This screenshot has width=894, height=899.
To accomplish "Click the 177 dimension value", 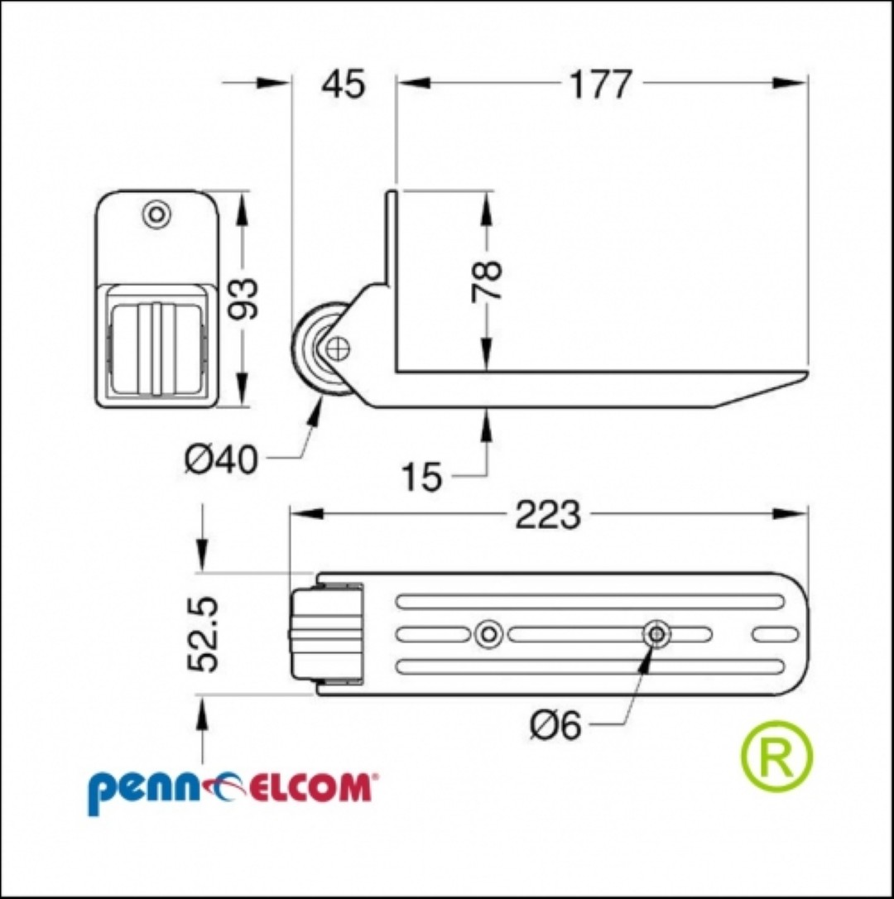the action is tap(600, 85).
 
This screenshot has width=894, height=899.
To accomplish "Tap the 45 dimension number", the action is tap(343, 85).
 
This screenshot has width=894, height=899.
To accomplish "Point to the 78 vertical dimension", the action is tap(486, 281).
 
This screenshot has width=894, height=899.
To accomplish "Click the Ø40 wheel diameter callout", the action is tap(221, 459).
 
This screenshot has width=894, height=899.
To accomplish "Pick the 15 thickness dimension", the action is tap(422, 477).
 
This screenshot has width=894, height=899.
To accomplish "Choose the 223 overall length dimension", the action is tap(548, 514).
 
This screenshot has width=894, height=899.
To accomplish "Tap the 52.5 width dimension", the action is tap(203, 633).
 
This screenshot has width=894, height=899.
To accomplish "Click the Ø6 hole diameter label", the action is tap(555, 727).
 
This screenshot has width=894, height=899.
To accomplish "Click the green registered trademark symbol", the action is tap(777, 757).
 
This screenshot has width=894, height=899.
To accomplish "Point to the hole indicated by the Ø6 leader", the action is tap(656, 634).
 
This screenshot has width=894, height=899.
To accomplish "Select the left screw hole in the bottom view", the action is tap(488, 634).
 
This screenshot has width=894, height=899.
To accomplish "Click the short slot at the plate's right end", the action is tap(775, 634).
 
